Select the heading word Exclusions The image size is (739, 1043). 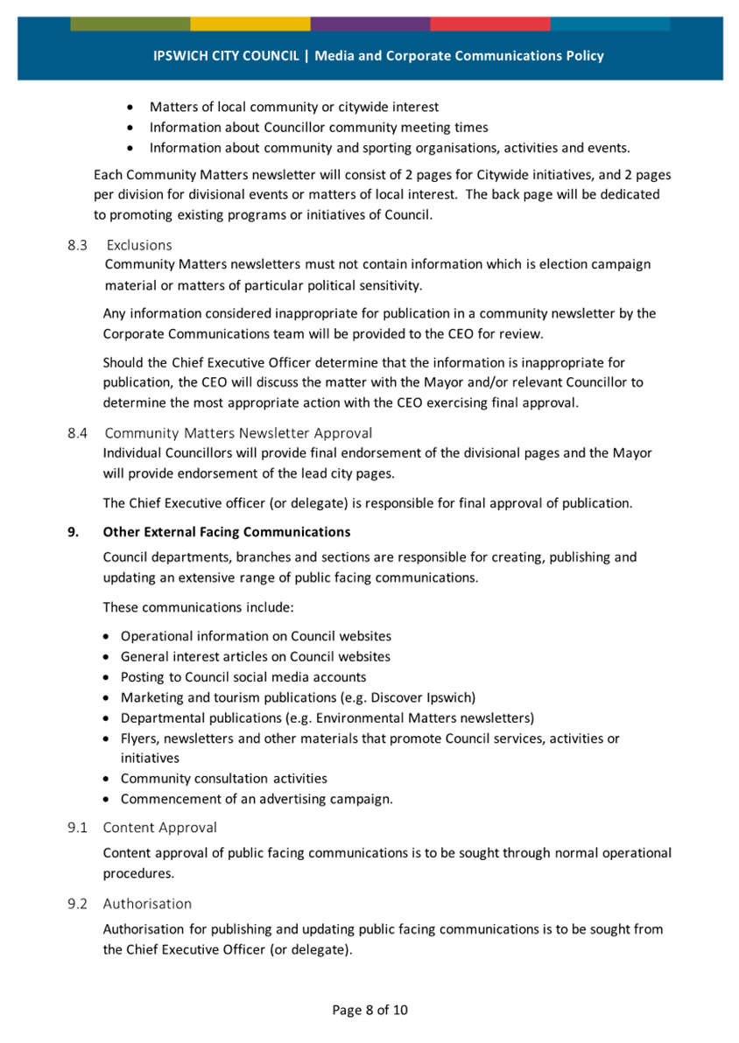click(x=139, y=245)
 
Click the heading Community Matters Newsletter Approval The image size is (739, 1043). click(x=238, y=432)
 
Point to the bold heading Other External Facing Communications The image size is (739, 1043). click(x=226, y=532)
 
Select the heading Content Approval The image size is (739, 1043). click(x=160, y=827)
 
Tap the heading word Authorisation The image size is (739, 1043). click(x=147, y=903)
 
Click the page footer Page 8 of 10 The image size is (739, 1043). click(x=369, y=1010)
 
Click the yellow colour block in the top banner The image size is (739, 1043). click(x=250, y=24)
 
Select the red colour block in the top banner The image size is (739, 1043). click(x=490, y=24)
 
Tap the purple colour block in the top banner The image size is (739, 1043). click(x=369, y=24)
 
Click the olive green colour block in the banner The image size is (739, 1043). click(x=130, y=24)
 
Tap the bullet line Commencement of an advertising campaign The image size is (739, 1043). click(x=257, y=799)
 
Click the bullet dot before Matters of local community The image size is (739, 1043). click(x=131, y=108)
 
